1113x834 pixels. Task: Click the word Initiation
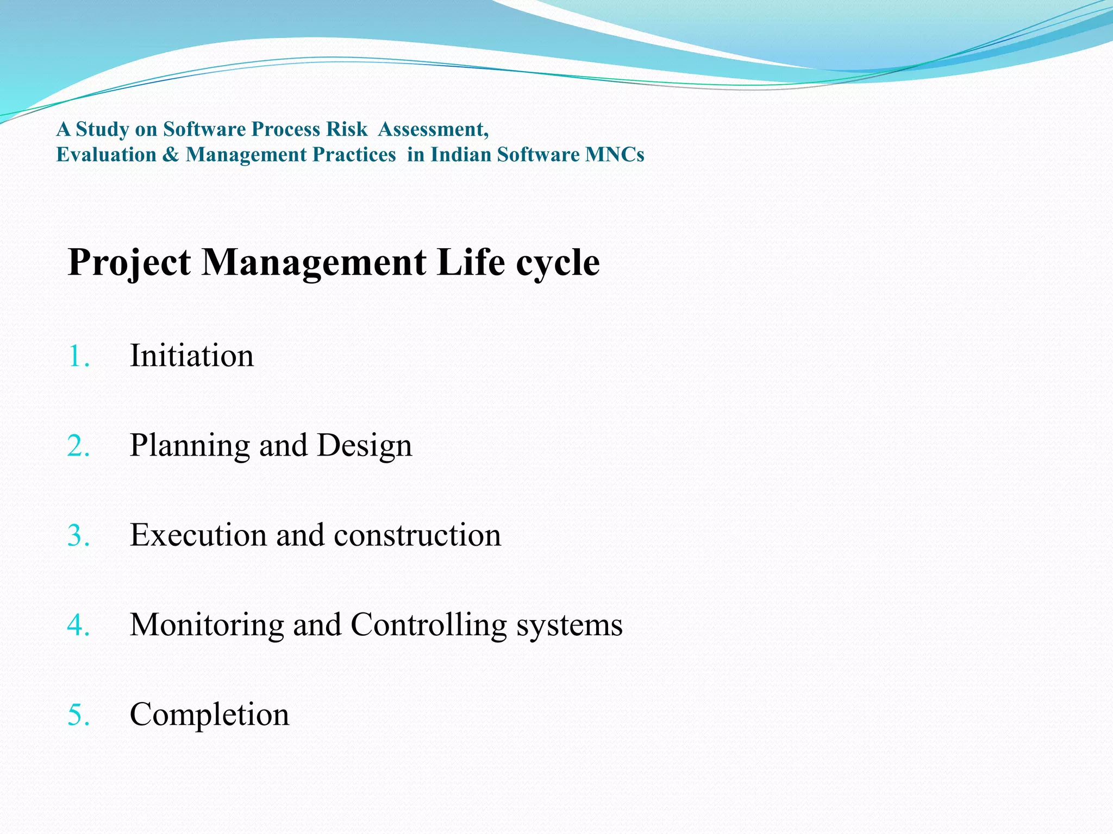pyautogui.click(x=191, y=356)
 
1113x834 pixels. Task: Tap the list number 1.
pyautogui.click(x=78, y=357)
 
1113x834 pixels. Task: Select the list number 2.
pyautogui.click(x=78, y=446)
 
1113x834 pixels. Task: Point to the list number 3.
pyautogui.click(x=78, y=536)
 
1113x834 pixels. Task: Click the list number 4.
pyautogui.click(x=78, y=625)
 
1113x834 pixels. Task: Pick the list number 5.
pyautogui.click(x=78, y=715)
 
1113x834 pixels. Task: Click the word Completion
pyautogui.click(x=209, y=715)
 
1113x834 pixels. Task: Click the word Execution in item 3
pyautogui.click(x=198, y=535)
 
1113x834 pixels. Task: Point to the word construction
pyautogui.click(x=417, y=536)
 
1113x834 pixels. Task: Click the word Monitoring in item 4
pyautogui.click(x=207, y=625)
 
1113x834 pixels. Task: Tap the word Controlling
pyautogui.click(x=428, y=625)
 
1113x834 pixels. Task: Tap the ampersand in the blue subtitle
pyautogui.click(x=171, y=155)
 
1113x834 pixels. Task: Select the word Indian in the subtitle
pyautogui.click(x=461, y=155)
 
